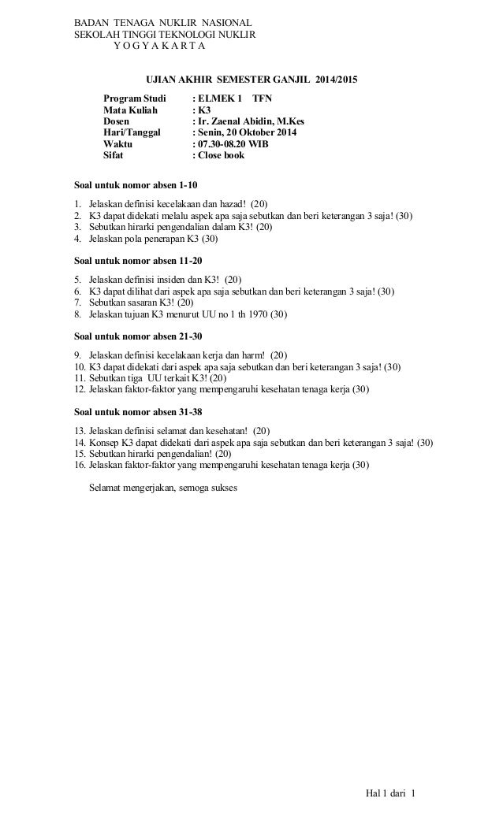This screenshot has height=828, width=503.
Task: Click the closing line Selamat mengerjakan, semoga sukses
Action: (169, 487)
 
